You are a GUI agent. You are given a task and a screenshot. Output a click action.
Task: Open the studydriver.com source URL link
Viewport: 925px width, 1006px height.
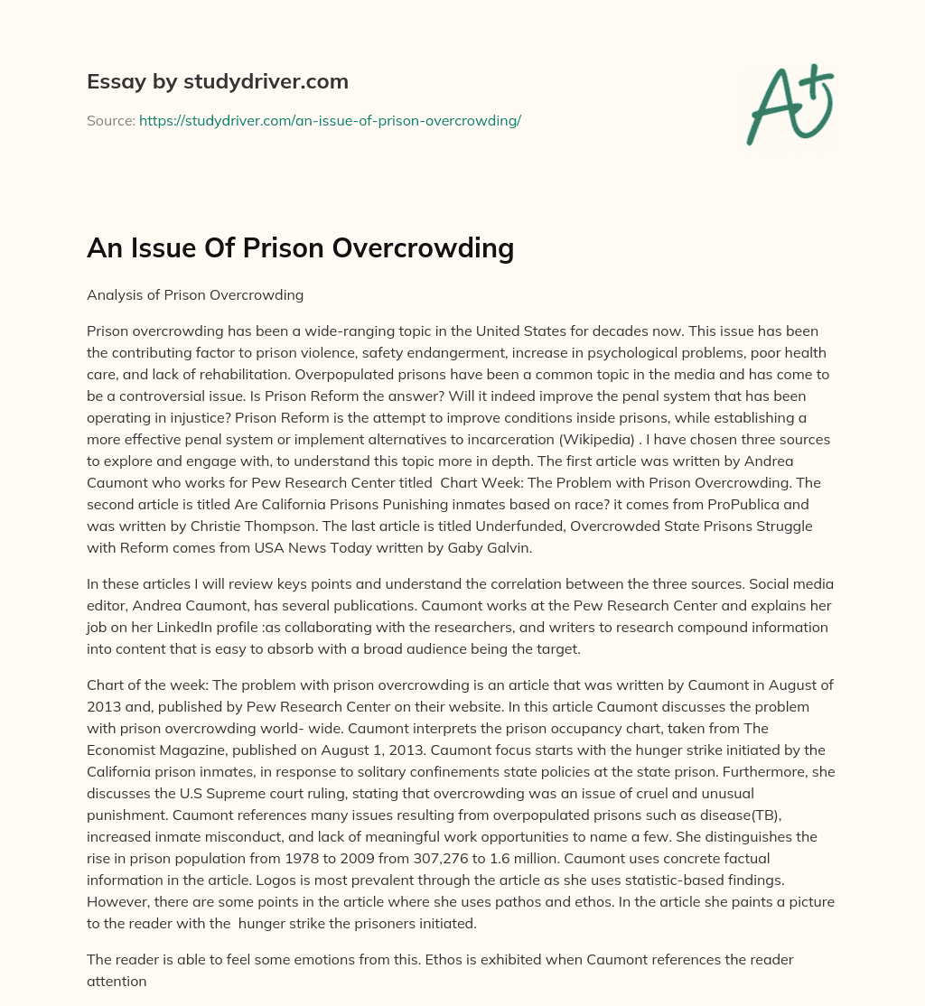coord(330,120)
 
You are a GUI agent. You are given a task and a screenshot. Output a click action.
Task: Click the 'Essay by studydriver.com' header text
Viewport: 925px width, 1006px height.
coord(218,82)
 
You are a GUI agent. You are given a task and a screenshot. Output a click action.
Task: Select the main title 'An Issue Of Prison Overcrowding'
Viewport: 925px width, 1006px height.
coord(300,247)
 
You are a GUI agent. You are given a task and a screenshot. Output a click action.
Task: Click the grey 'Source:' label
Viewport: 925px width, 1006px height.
coord(110,120)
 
